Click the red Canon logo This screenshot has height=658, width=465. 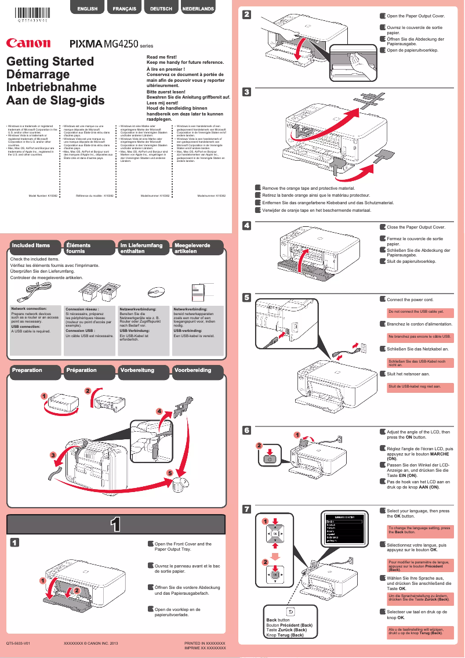click(x=28, y=42)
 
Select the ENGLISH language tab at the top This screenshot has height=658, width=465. click(x=87, y=9)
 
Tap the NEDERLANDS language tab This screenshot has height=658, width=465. click(x=198, y=9)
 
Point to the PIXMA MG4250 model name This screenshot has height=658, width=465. click(x=107, y=43)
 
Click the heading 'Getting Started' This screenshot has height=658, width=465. click(x=50, y=62)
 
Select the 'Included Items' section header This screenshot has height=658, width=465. click(x=32, y=246)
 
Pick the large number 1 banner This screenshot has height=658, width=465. click(x=116, y=525)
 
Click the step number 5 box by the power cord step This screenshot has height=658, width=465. click(x=246, y=298)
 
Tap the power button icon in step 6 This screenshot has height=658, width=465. click(x=267, y=458)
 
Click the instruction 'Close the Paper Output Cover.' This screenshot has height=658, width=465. click(x=416, y=227)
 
